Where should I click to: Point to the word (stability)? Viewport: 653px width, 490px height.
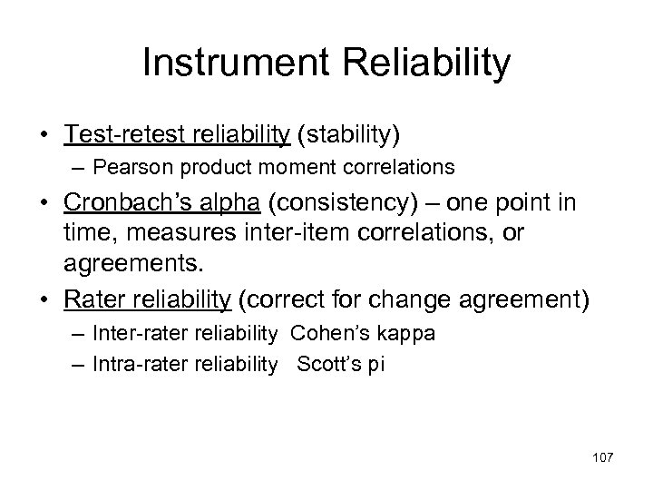[x=347, y=134]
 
